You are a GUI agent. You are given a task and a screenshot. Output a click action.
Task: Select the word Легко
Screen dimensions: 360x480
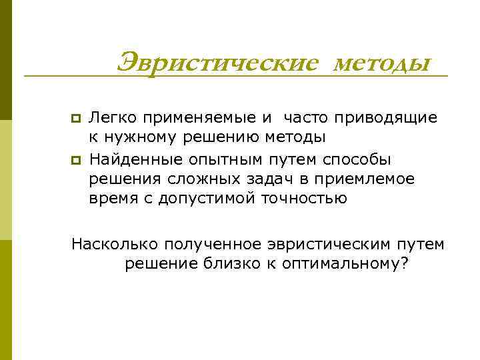tap(112, 118)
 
